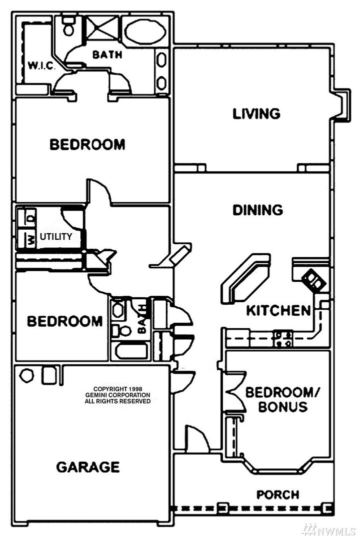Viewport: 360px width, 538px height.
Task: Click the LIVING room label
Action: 256,113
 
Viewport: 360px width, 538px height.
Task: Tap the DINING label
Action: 258,210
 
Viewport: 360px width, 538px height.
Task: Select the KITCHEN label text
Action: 278,311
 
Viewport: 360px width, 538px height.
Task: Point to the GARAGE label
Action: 87,467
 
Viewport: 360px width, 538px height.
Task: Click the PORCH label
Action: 278,495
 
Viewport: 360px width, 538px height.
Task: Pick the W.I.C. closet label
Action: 40,65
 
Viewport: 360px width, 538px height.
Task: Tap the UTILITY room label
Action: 56,236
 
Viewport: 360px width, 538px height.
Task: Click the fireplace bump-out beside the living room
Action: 341,105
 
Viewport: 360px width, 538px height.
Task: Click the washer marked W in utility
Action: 30,239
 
